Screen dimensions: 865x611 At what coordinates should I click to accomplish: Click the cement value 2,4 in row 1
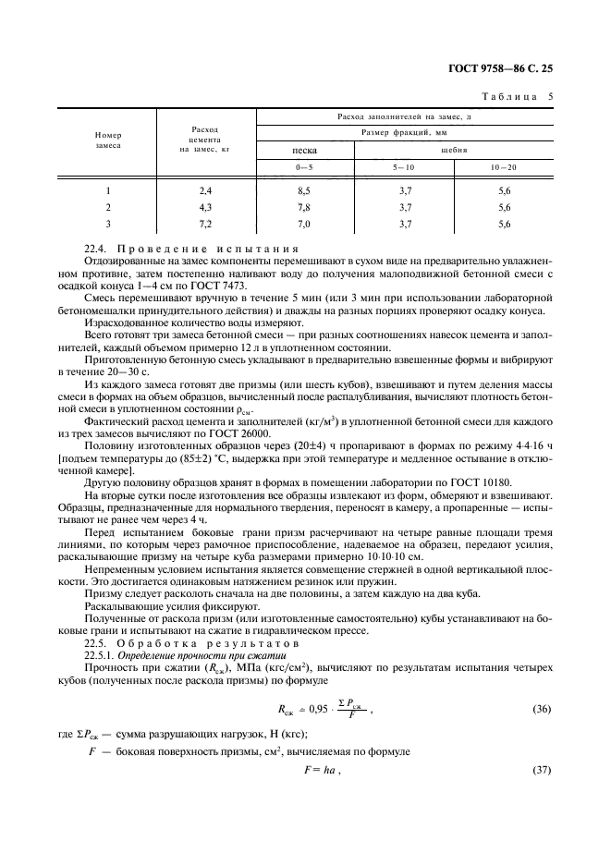(x=205, y=189)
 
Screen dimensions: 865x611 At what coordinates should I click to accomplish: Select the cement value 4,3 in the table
(x=205, y=206)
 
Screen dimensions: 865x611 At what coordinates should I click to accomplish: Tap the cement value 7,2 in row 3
(x=205, y=224)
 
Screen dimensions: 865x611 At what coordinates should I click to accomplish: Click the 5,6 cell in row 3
(x=504, y=224)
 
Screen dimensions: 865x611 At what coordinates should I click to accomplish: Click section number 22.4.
(x=95, y=249)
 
